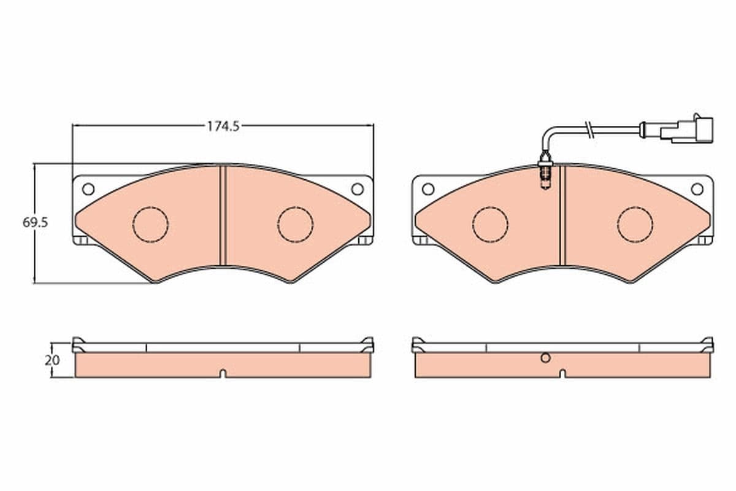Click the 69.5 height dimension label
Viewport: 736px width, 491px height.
pyautogui.click(x=35, y=223)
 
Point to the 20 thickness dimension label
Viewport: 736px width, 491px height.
pyautogui.click(x=53, y=360)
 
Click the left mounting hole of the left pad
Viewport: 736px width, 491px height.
pyautogui.click(x=88, y=189)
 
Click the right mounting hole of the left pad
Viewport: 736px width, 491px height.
pyautogui.click(x=357, y=189)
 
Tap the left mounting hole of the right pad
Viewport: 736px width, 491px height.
pyautogui.click(x=427, y=189)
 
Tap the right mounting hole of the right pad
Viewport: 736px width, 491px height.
pyautogui.click(x=697, y=189)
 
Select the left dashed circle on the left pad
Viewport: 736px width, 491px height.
pyautogui.click(x=150, y=224)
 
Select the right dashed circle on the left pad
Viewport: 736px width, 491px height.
pyautogui.click(x=295, y=224)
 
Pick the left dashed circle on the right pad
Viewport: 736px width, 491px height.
pyautogui.click(x=490, y=224)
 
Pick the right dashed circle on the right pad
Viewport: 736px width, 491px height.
pyautogui.click(x=635, y=224)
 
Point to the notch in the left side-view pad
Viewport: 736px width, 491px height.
pyautogui.click(x=223, y=373)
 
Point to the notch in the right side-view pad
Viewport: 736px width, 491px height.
pyautogui.click(x=562, y=373)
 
